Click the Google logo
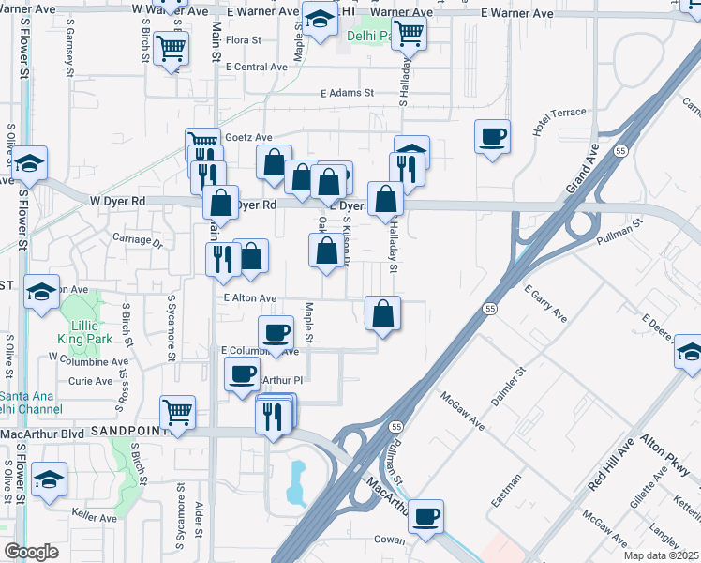tap(31, 553)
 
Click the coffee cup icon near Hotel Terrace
tap(492, 138)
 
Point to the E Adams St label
tap(347, 94)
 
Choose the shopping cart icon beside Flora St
tap(172, 48)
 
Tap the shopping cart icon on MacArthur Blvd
tap(177, 411)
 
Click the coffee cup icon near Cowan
tap(425, 515)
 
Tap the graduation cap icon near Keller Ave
tap(49, 479)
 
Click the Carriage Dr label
tap(138, 240)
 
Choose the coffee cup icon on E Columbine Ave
tap(276, 333)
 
